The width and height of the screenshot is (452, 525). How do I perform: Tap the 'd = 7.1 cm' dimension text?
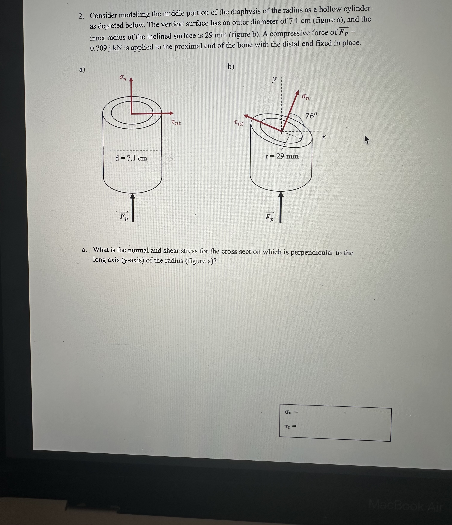(131, 158)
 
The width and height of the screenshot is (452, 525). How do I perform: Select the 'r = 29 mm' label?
(282, 156)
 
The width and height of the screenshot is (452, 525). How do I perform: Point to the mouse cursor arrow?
(367, 139)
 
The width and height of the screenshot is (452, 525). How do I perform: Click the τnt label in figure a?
(176, 123)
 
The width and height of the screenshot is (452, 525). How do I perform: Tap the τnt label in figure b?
(238, 123)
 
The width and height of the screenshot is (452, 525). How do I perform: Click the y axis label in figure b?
(274, 79)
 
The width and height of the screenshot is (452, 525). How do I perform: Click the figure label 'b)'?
(231, 67)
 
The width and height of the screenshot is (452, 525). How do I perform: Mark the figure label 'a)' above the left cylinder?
(82, 69)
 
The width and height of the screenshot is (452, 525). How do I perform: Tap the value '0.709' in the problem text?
(98, 48)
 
